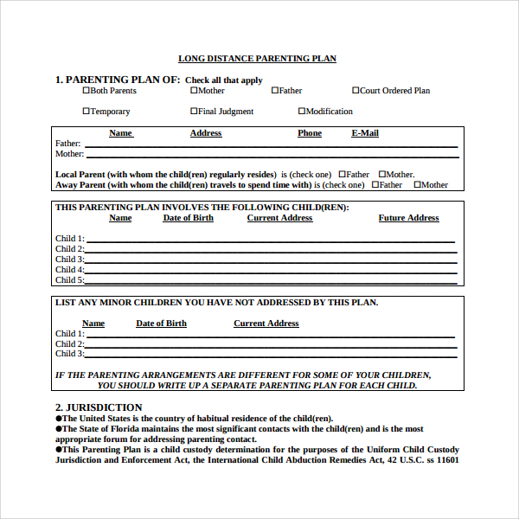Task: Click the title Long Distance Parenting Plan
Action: pos(257,59)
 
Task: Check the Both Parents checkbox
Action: pos(86,90)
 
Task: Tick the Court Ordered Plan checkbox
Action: pos(356,90)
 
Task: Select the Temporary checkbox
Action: pos(86,111)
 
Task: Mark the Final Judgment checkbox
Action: pos(194,111)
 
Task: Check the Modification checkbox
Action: pos(302,111)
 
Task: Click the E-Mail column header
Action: pos(364,133)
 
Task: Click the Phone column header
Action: pos(309,133)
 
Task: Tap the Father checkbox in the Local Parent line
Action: pos(343,174)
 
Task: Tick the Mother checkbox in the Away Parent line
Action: pos(417,184)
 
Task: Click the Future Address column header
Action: pos(408,218)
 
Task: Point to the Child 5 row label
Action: pos(69,280)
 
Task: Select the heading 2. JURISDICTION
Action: pos(99,407)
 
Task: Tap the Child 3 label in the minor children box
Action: pos(69,354)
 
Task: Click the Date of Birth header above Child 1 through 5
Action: pos(188,218)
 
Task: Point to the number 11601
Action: pos(447,460)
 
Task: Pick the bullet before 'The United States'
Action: pos(59,419)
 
